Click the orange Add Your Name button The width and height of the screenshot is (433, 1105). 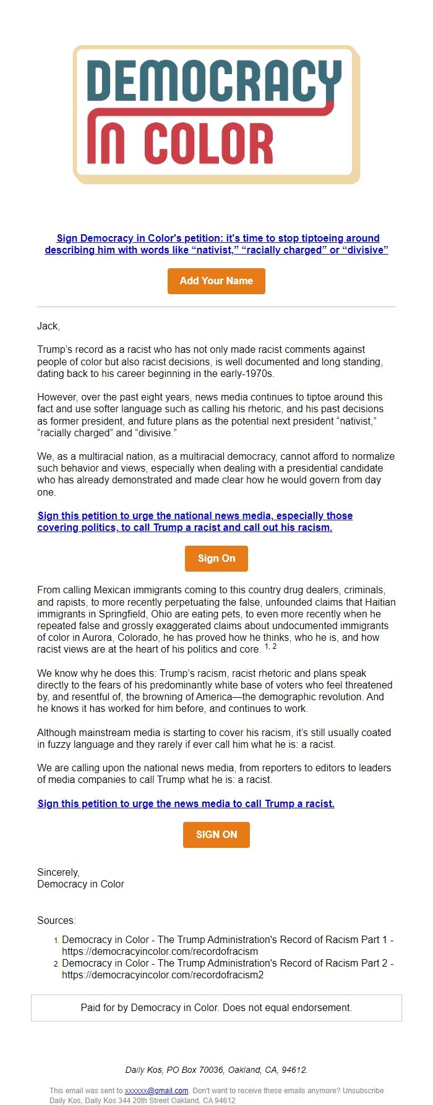point(216,281)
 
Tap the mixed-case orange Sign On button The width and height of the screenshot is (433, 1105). point(216,558)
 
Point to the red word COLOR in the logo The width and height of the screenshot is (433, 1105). point(208,144)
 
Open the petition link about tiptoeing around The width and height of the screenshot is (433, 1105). point(216,244)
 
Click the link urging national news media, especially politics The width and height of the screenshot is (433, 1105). point(194,522)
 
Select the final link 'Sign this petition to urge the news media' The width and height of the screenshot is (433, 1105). point(186,803)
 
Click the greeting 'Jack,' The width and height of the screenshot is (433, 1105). point(48,326)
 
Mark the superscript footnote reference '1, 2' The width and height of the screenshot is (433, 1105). point(270,646)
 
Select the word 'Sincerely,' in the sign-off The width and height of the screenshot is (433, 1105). point(58,872)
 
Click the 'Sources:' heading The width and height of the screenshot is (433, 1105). point(56,920)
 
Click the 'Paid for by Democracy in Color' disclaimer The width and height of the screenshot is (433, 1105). point(216,1007)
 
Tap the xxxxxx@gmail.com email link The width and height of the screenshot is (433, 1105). point(156,1091)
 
